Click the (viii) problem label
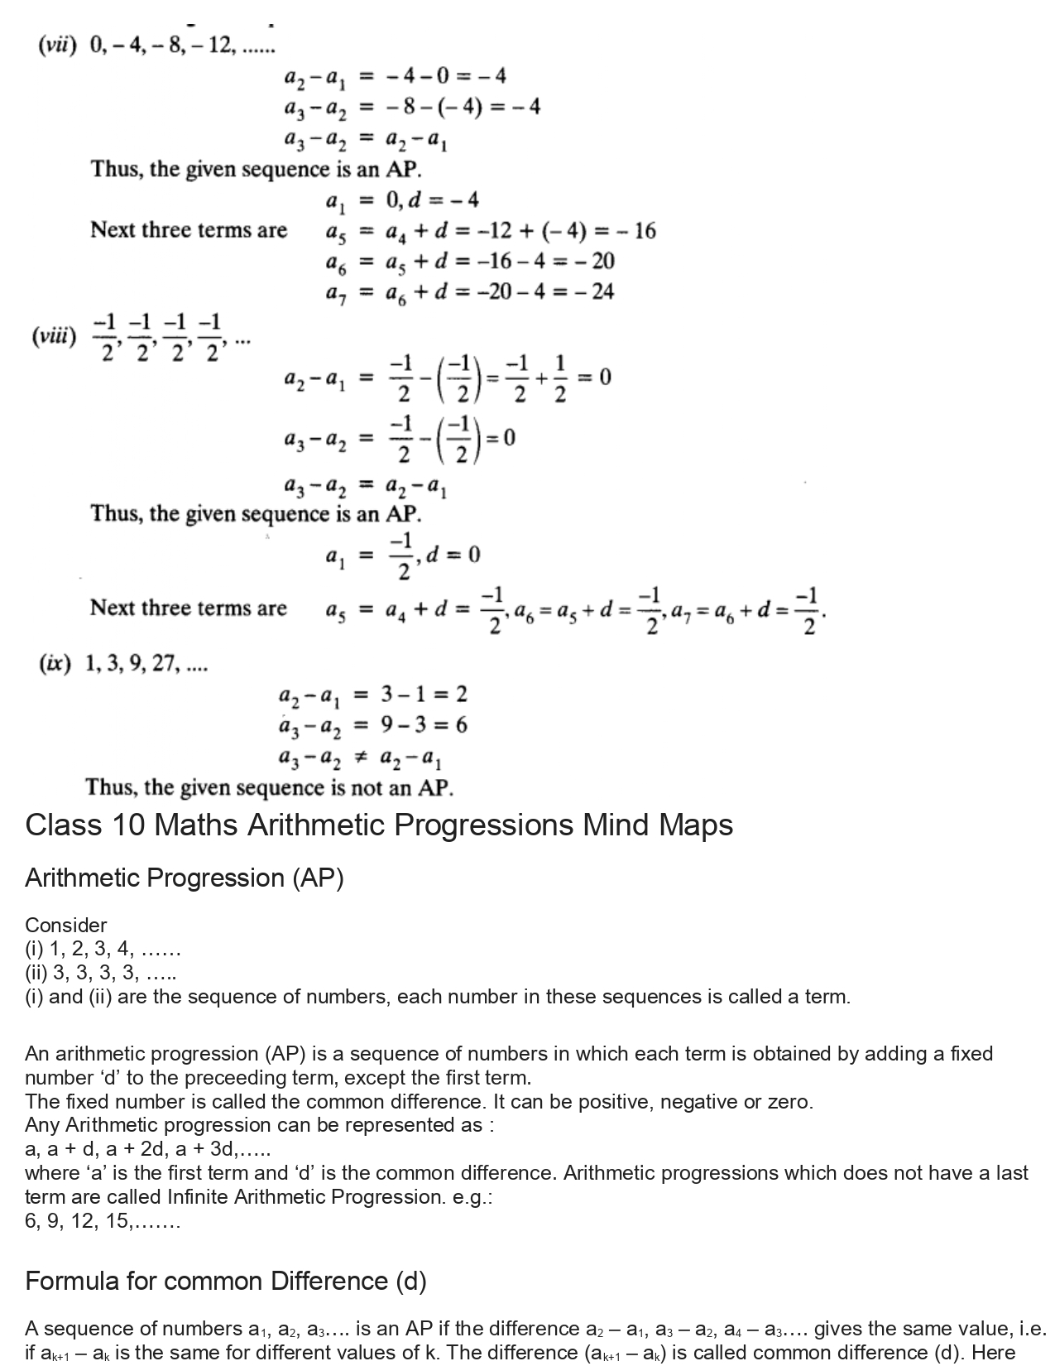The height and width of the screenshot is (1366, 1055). pyautogui.click(x=54, y=337)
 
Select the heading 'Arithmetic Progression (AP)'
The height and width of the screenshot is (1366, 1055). pyautogui.click(x=184, y=878)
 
